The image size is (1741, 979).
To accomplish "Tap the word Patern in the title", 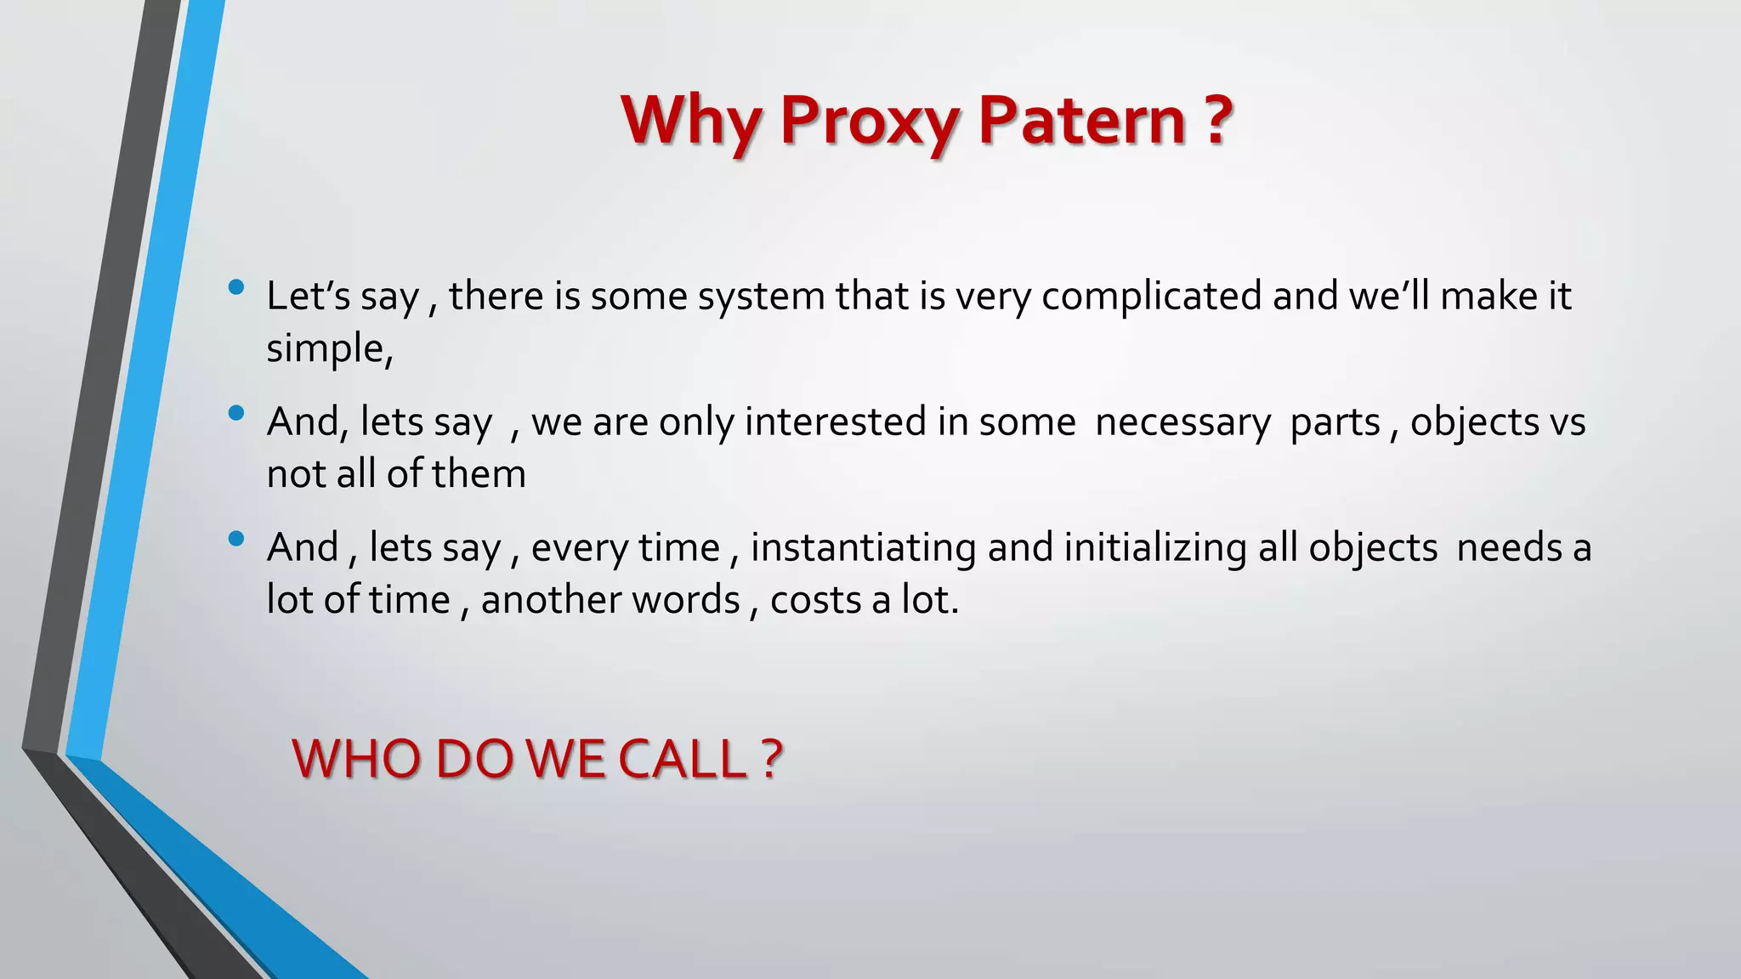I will [1081, 121].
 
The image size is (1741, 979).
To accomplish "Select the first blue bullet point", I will [236, 287].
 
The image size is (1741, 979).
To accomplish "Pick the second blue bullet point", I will [236, 413].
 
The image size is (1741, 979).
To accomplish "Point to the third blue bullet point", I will [236, 538].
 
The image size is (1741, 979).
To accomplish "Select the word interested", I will [836, 422].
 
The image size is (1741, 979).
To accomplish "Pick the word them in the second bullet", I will [479, 474].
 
